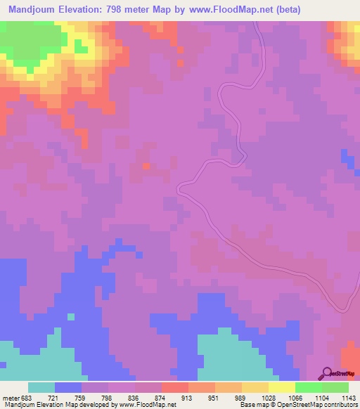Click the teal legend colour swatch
(41, 387)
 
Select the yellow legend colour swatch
(282, 387)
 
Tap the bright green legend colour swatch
(309, 387)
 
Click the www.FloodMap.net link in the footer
(147, 405)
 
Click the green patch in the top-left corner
(35, 42)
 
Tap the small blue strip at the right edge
(347, 160)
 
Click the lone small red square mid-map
(147, 167)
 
